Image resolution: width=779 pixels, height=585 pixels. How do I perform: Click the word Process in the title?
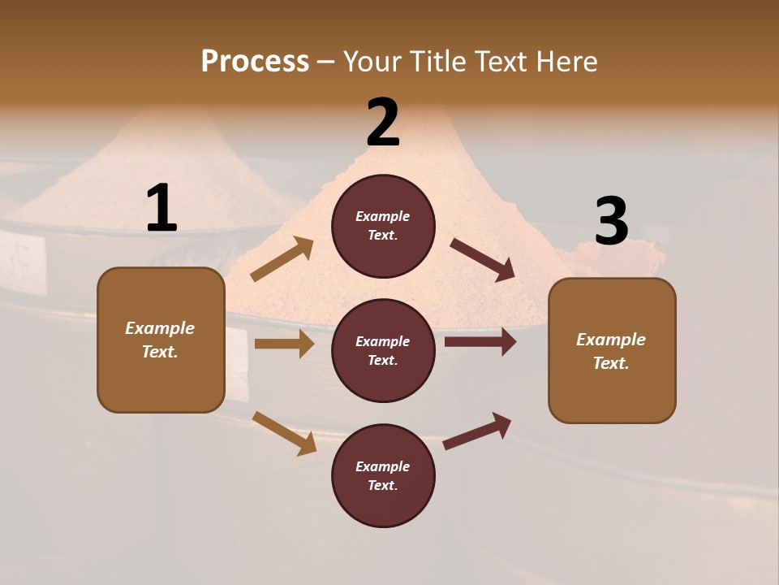coord(255,62)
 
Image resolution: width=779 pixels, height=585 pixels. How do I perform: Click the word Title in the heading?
coord(437,62)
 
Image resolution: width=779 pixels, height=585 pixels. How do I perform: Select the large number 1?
coord(161,208)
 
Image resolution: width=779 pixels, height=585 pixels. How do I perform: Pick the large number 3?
coord(611,221)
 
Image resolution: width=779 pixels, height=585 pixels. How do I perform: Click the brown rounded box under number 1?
coord(161,340)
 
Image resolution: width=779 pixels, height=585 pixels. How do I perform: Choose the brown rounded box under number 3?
coord(612,350)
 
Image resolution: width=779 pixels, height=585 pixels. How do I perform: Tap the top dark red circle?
coord(383,226)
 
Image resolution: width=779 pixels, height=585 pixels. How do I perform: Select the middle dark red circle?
coord(383,350)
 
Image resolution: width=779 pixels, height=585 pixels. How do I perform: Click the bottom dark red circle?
coord(383,475)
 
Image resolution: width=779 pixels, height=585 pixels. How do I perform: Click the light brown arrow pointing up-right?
coord(282,259)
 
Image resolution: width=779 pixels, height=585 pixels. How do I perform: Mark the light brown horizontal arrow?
coord(284,344)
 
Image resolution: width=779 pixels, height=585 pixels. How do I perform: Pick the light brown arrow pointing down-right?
coord(284,432)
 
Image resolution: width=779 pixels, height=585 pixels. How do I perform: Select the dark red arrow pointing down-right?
coord(484,260)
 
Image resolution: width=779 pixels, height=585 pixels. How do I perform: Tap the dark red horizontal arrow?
coord(480,342)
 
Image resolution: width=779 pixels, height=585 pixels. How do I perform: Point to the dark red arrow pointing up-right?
coord(477,431)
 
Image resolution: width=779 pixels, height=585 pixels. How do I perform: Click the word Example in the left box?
coord(160,328)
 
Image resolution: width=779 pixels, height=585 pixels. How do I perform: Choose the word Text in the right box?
coord(609,363)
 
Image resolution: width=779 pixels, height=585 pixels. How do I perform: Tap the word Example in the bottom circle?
coord(383,466)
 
